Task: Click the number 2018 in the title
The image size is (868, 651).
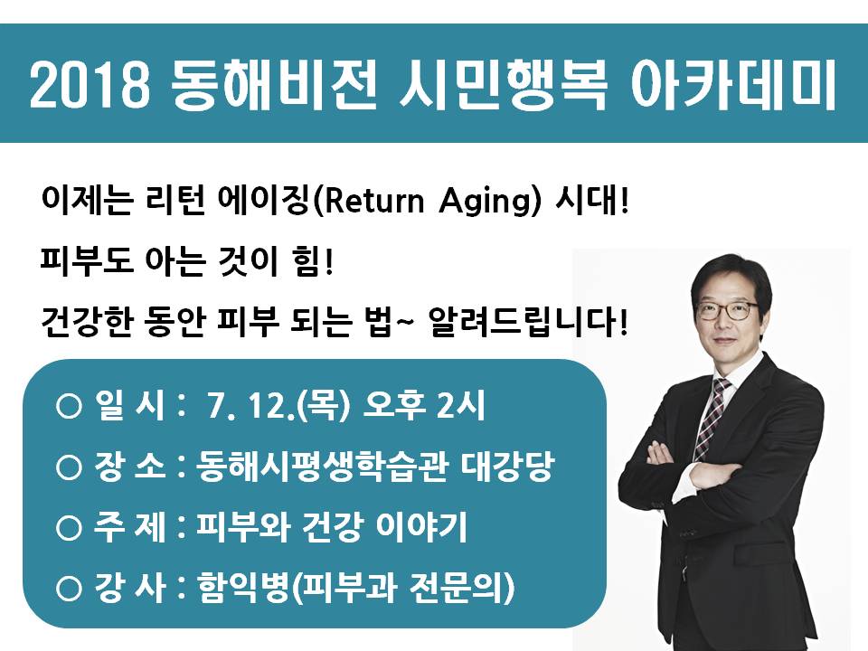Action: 90,84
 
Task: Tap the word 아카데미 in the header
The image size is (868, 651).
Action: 733,84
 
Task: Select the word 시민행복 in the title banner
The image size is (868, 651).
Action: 503,84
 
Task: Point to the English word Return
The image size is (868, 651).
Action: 373,201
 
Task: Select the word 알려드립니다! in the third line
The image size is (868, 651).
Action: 528,321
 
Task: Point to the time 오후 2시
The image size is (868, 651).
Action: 423,406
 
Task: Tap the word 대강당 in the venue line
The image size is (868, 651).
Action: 507,467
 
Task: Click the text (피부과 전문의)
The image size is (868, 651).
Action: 402,588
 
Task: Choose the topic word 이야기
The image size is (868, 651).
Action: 421,526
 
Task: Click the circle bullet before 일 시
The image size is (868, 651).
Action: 69,407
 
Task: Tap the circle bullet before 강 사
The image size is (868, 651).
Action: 69,589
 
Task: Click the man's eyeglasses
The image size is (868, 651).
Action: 729,309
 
